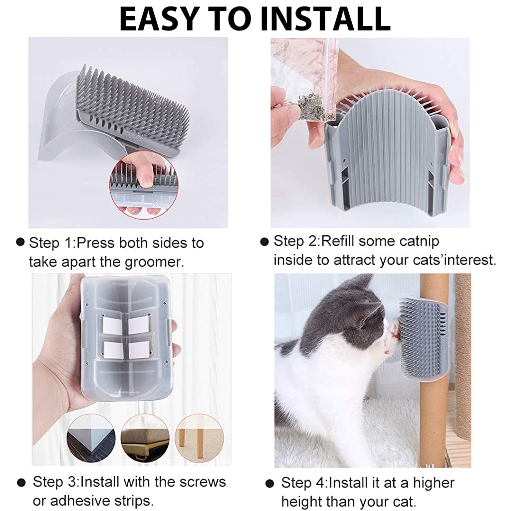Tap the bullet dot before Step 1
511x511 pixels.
click(x=20, y=242)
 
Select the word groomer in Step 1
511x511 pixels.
click(x=155, y=262)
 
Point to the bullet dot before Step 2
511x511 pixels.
click(x=264, y=242)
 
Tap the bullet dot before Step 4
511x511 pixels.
click(x=270, y=483)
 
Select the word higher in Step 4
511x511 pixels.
click(x=434, y=483)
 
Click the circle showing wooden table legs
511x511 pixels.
click(x=200, y=438)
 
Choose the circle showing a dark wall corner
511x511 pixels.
click(x=91, y=438)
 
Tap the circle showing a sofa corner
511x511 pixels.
click(x=145, y=438)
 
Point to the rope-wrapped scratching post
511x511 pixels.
click(x=463, y=355)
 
